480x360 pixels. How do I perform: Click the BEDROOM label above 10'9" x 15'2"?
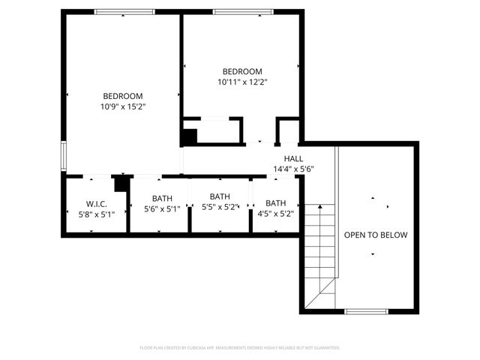(x=123, y=95)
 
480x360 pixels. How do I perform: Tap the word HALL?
(x=293, y=158)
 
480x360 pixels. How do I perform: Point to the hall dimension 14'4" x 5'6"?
(x=293, y=169)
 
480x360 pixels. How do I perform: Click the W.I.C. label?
(x=96, y=202)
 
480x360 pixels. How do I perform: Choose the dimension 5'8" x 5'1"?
(x=96, y=214)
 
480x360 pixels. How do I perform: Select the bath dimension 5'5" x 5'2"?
(x=219, y=206)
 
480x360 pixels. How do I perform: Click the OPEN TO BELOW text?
(x=376, y=235)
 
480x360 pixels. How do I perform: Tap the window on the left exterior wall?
(x=63, y=156)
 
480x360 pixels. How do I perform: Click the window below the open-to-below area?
(x=366, y=310)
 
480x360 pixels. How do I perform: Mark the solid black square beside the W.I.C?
(x=120, y=184)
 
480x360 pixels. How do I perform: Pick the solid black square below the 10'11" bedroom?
(x=189, y=137)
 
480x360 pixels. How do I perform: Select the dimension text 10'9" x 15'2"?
(x=123, y=106)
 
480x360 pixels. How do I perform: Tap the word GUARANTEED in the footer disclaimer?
(x=325, y=348)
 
